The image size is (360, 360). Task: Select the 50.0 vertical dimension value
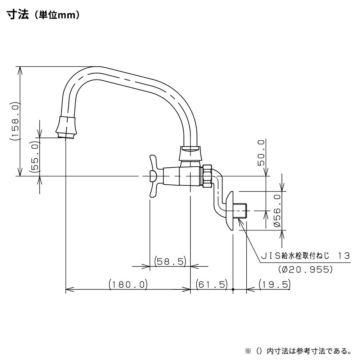click(261, 153)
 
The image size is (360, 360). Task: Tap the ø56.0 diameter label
click(277, 211)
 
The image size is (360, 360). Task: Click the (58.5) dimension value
click(170, 261)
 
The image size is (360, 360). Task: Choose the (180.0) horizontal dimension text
click(128, 284)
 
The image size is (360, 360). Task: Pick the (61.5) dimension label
click(211, 284)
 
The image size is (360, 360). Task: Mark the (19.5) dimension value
click(275, 284)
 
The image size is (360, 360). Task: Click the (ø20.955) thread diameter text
click(305, 269)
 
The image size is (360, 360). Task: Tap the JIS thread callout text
click(306, 256)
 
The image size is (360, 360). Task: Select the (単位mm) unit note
click(57, 15)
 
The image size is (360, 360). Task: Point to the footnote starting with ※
click(298, 351)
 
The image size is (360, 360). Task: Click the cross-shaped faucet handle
click(153, 176)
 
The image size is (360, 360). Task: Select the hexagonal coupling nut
click(207, 176)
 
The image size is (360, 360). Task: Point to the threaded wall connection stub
click(240, 211)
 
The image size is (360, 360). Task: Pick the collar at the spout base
click(190, 153)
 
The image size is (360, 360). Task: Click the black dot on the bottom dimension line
click(233, 289)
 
